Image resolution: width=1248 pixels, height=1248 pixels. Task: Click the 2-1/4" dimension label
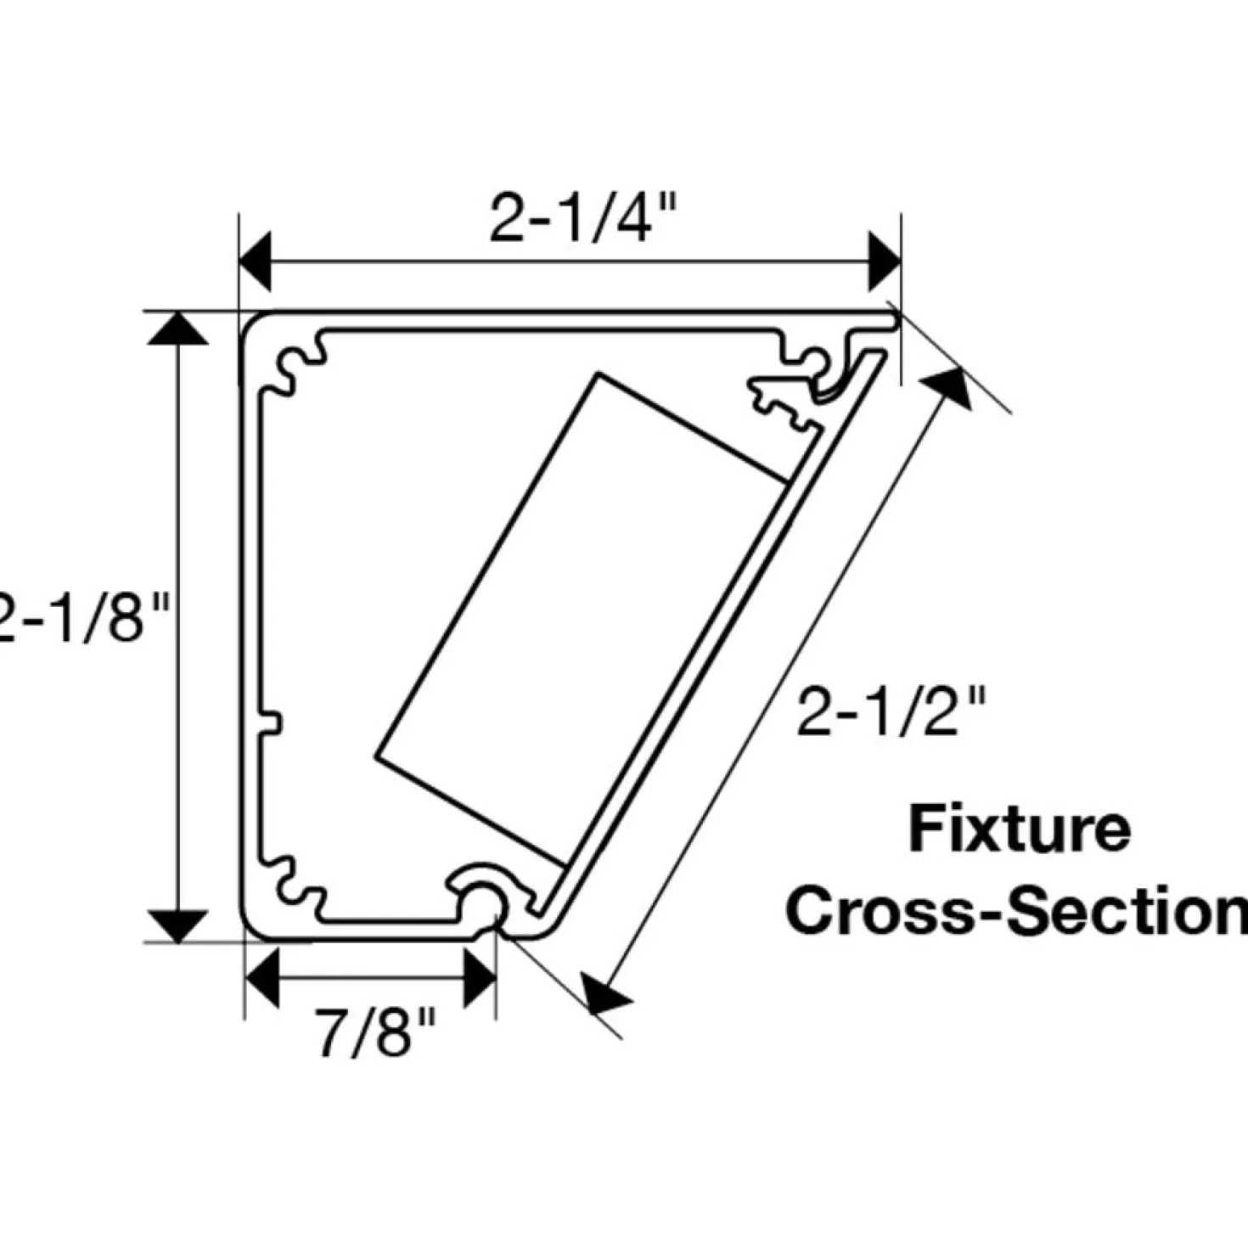[582, 220]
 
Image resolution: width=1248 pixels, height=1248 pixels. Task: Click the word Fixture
[1020, 829]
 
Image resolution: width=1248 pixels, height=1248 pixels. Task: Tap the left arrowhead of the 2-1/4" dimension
[256, 261]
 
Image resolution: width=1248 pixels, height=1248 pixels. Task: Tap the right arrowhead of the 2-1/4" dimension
[885, 261]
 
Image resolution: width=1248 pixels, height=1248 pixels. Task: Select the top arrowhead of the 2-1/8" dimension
[177, 329]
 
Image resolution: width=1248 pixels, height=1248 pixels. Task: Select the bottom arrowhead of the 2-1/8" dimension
[177, 926]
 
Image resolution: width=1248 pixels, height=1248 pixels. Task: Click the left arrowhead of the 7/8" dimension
[262, 978]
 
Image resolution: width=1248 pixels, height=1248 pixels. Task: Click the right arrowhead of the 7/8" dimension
[481, 978]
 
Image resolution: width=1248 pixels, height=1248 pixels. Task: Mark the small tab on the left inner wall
[272, 722]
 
